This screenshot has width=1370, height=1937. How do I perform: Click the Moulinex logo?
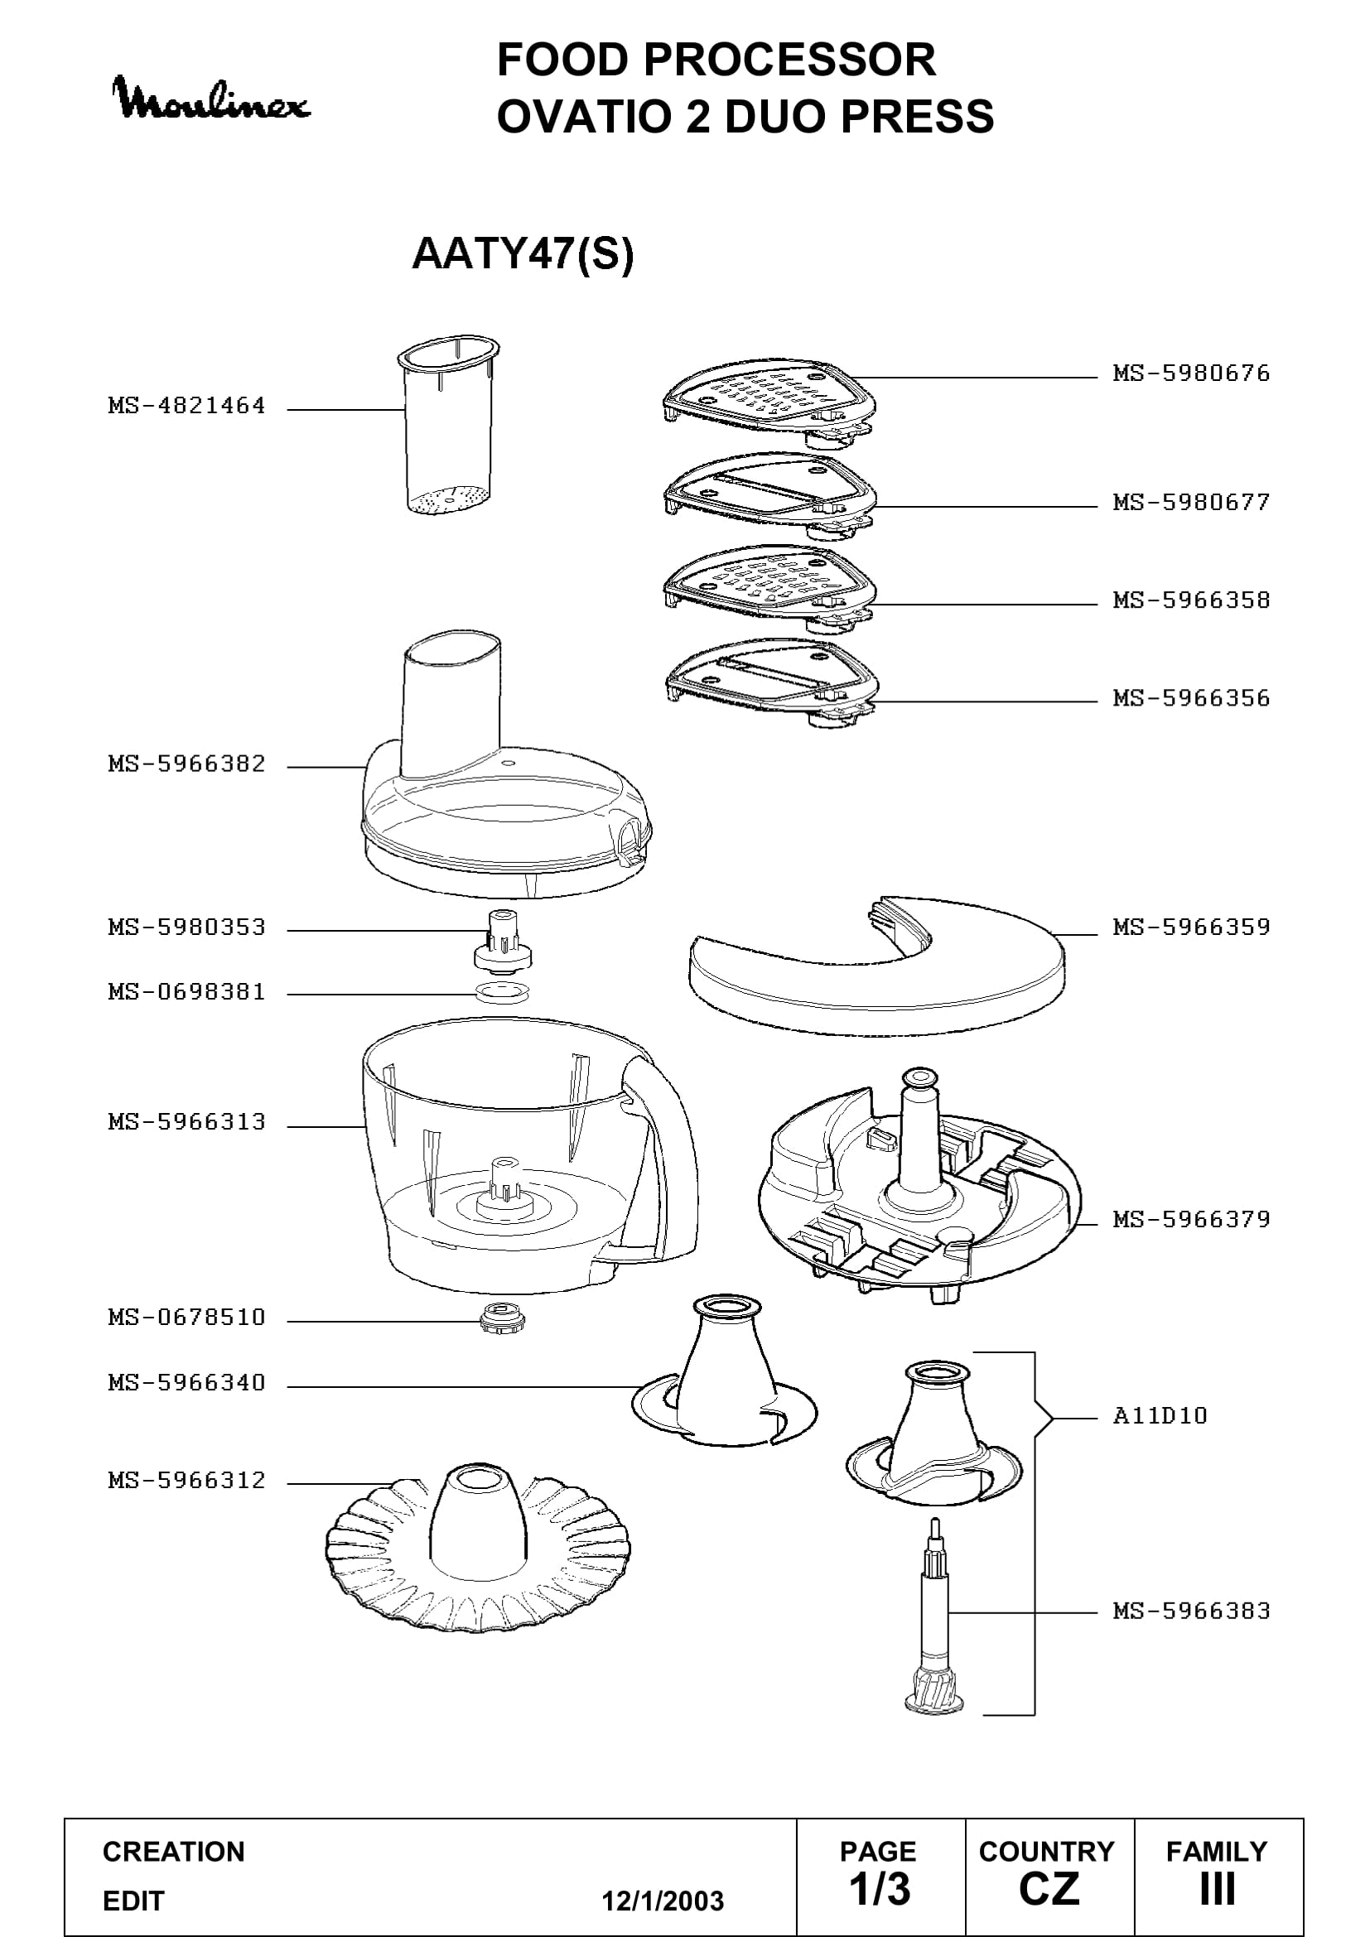pyautogui.click(x=211, y=99)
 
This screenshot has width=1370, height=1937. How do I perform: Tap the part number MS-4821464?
pyautogui.click(x=186, y=406)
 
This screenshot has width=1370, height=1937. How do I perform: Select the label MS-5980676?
pyautogui.click(x=1191, y=373)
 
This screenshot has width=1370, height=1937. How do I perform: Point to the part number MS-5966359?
pyautogui.click(x=1191, y=928)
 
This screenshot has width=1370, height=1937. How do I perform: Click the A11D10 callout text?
pyautogui.click(x=1160, y=1415)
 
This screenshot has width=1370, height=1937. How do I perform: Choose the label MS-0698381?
pyautogui.click(x=186, y=992)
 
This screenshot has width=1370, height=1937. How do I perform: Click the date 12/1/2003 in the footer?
pyautogui.click(x=663, y=1901)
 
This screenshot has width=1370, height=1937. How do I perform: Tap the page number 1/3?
pyautogui.click(x=880, y=1889)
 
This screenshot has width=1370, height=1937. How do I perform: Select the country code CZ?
pyautogui.click(x=1049, y=1889)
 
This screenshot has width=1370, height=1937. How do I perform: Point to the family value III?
pyautogui.click(x=1218, y=1889)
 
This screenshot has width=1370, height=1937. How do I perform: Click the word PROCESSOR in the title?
pyautogui.click(x=789, y=60)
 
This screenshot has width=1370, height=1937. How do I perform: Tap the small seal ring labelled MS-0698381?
pyautogui.click(x=503, y=992)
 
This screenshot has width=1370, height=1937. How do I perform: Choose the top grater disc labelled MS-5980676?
pyautogui.click(x=769, y=404)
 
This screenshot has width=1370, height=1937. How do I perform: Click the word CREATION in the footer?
pyautogui.click(x=174, y=1852)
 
